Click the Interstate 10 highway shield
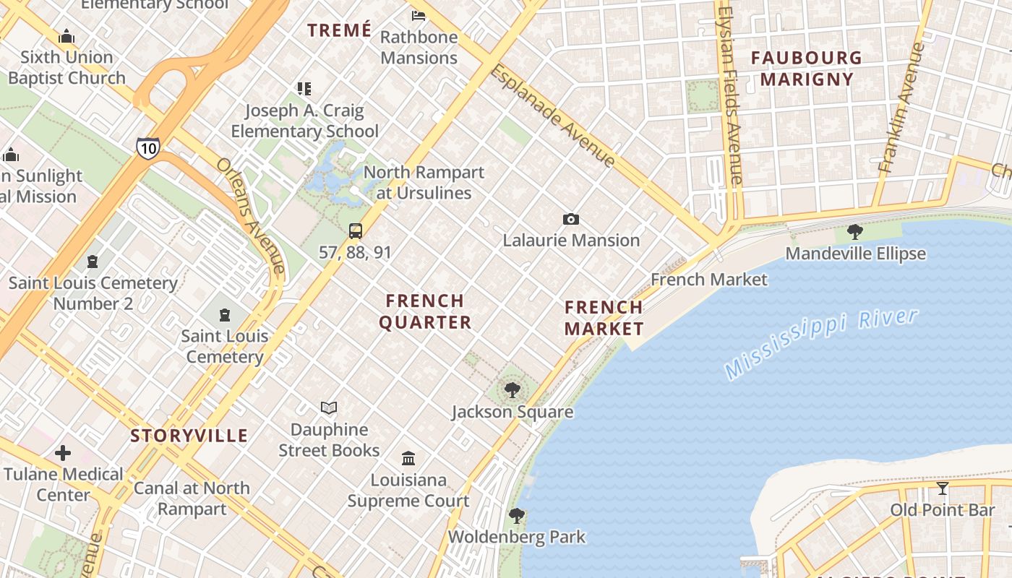147,148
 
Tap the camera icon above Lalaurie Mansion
571,219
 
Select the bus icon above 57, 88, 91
355,231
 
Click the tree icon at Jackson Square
513,390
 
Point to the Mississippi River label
821,342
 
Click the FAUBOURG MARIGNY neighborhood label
806,68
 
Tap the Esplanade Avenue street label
552,116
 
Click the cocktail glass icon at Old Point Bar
942,488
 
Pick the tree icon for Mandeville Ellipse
855,232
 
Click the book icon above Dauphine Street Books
329,408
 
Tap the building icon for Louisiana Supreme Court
408,458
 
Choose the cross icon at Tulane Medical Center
63,453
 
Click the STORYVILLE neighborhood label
189,436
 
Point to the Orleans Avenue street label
250,217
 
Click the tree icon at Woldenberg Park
516,515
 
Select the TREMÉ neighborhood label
339,30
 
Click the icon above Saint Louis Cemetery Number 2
93,261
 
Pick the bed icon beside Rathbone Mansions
419,15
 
